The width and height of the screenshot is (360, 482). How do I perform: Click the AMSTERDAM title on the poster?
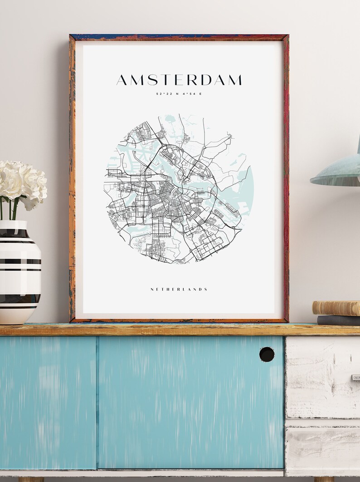(179, 80)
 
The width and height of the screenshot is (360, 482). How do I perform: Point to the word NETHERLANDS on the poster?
(179, 289)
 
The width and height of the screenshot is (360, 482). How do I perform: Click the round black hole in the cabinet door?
(267, 354)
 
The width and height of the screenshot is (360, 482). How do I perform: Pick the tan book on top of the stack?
(336, 308)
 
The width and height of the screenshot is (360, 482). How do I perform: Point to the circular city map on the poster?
(179, 189)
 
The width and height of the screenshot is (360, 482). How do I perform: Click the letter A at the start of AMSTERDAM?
(122, 80)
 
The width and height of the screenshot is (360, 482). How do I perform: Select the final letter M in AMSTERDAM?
(234, 80)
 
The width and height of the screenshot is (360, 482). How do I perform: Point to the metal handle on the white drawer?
(355, 377)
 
